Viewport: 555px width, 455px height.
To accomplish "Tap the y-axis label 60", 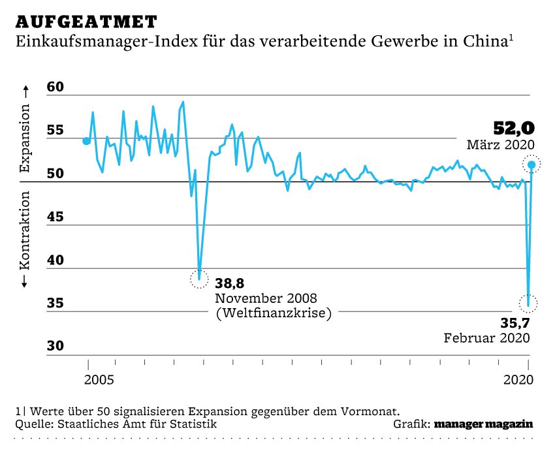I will (57, 87).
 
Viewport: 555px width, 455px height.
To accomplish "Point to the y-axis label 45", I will (57, 217).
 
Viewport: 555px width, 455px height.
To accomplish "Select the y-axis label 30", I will (57, 346).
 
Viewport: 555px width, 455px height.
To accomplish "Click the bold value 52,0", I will (513, 128).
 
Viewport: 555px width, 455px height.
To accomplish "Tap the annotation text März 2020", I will (500, 145).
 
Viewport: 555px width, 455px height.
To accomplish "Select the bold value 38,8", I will (230, 283).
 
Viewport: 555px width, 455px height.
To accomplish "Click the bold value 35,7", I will (515, 322).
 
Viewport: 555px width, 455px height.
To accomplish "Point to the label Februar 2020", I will (486, 338).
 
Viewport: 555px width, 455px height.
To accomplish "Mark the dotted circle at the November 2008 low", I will (198, 279).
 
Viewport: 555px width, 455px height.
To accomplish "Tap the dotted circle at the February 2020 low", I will (529, 303).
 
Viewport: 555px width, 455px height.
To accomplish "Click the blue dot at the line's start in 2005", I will (86, 140).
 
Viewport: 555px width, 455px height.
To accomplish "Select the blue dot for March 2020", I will (532, 165).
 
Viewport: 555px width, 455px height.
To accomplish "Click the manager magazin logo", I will (484, 424).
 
